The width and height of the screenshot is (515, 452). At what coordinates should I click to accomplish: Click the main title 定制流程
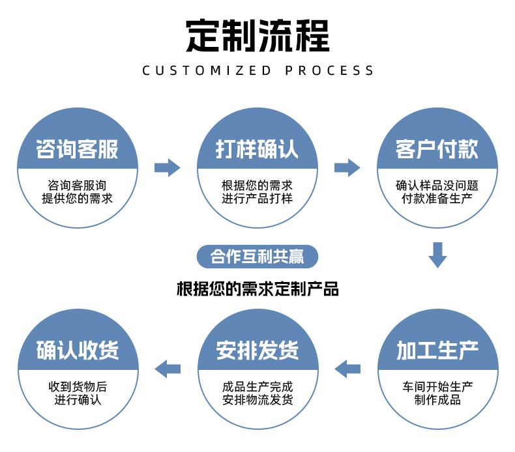257,35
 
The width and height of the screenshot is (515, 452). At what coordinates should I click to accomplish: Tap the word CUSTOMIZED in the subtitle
206,70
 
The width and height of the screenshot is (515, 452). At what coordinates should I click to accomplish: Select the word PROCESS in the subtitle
330,70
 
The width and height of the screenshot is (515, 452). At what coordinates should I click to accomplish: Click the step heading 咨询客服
78,149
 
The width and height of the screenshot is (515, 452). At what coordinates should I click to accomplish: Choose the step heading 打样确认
257,149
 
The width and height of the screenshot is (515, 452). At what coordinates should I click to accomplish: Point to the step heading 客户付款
437,149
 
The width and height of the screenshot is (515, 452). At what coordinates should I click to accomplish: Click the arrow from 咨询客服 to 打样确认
168,168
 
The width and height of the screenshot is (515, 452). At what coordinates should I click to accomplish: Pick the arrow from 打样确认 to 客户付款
347,168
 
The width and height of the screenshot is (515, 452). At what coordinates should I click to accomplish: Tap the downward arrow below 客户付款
437,255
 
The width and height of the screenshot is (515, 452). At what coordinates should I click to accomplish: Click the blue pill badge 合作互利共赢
257,257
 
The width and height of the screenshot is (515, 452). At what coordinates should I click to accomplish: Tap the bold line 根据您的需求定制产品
257,289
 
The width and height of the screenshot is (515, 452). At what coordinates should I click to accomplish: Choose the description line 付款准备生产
437,198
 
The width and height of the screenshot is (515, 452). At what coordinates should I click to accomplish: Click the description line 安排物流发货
257,399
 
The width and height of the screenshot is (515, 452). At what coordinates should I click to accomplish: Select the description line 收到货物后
78,386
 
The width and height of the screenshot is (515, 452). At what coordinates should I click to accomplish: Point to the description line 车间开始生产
437,386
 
